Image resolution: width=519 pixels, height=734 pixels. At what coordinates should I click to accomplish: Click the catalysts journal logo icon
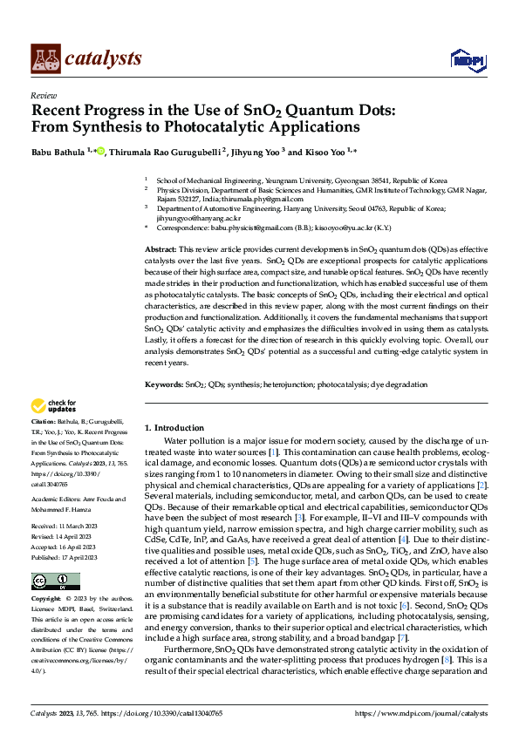click(x=45, y=58)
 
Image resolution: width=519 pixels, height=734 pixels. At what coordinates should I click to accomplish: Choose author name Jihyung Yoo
click(x=258, y=152)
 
